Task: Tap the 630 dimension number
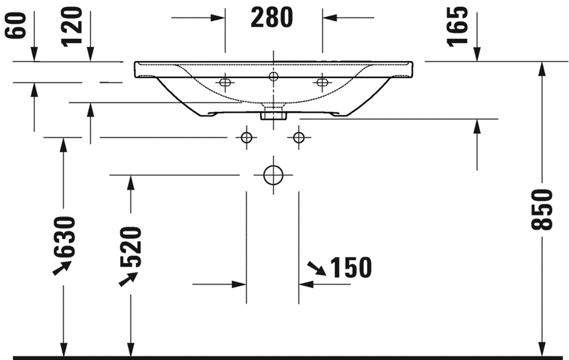[64, 236]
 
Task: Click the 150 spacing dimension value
[349, 267]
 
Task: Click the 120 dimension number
[73, 27]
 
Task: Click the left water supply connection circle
[246, 137]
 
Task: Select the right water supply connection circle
[298, 137]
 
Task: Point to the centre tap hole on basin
[273, 76]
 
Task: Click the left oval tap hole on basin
[225, 83]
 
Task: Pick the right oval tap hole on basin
[322, 83]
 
